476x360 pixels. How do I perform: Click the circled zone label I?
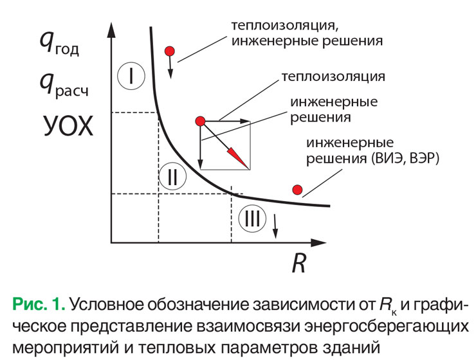[131, 76]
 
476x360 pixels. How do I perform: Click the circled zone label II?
[172, 175]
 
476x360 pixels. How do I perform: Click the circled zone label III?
[251, 219]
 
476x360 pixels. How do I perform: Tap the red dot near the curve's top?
[170, 51]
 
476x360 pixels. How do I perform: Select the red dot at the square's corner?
[200, 121]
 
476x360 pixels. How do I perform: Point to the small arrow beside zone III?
[276, 224]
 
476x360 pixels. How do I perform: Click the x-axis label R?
[298, 263]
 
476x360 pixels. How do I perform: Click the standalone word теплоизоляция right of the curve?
[333, 76]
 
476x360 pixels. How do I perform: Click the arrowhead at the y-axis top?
[111, 27]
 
